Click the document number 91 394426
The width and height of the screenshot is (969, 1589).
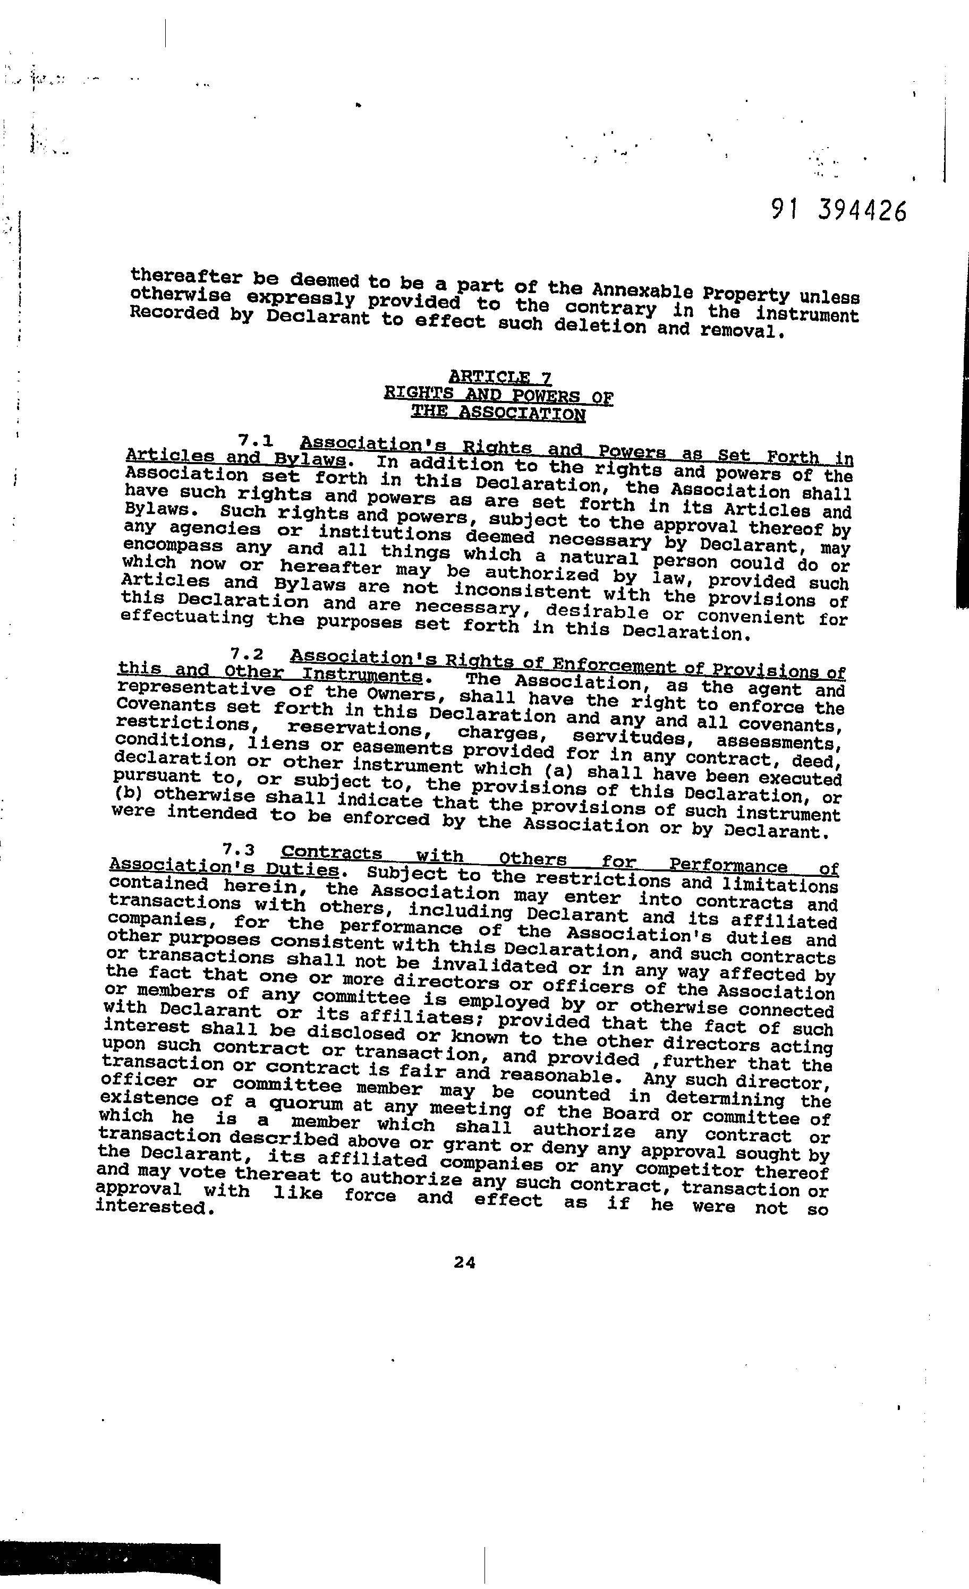(838, 211)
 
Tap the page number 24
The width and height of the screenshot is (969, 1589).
(464, 1263)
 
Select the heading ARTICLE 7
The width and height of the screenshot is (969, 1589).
(500, 377)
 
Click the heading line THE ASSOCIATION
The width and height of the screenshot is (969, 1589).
(499, 413)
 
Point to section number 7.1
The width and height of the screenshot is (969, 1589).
(256, 440)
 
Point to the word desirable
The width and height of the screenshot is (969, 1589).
(597, 611)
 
